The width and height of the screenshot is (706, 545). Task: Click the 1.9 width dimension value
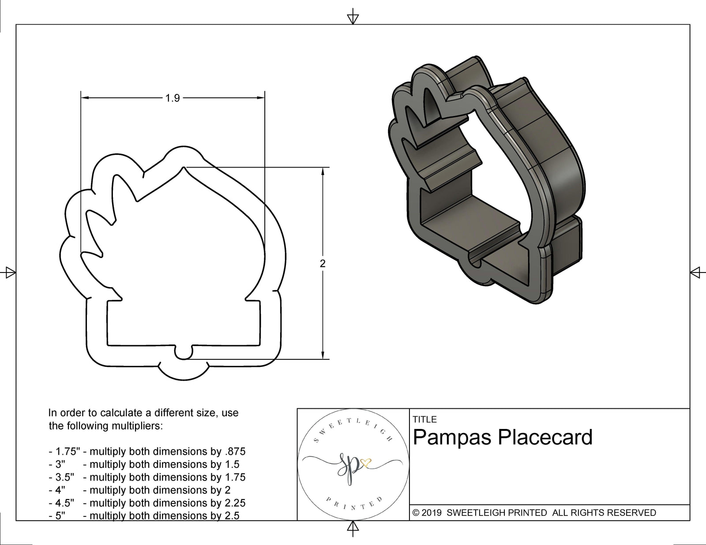[173, 98]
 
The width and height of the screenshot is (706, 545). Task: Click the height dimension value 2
[323, 264]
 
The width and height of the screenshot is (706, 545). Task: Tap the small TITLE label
[424, 419]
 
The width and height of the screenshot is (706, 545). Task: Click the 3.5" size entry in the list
[61, 477]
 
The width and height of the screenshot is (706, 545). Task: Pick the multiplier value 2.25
[233, 503]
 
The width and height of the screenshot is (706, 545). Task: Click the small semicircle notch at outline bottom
[184, 354]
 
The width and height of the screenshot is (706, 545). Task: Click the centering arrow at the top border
[353, 18]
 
